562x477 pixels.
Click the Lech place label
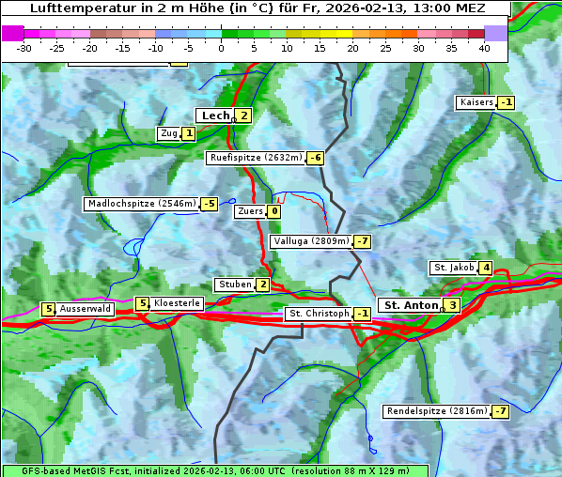coord(215,115)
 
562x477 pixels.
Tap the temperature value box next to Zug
coord(189,133)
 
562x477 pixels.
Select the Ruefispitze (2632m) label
coord(256,158)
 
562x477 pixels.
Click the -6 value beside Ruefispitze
coord(315,158)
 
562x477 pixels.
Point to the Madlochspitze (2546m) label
coord(141,204)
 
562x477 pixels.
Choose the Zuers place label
coord(250,211)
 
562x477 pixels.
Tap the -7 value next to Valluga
coord(363,241)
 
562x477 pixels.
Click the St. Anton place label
coord(412,305)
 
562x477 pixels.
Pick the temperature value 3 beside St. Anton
coord(452,305)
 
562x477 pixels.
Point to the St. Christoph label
coord(318,313)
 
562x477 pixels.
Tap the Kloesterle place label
coord(177,303)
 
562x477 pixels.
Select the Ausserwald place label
coord(86,308)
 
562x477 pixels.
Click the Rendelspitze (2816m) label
coord(437,411)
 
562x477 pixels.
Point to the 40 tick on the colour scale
coord(484,48)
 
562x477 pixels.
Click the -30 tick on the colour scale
coord(25,48)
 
